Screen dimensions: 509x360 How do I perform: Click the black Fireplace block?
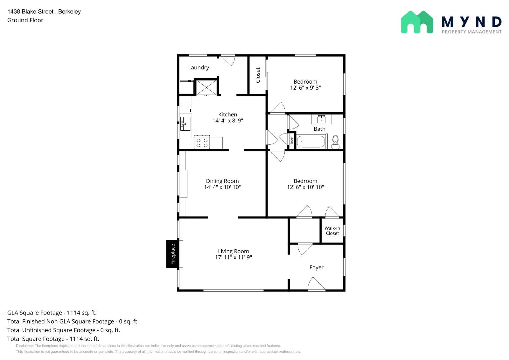point(172,254)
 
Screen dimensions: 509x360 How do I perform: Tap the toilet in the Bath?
point(335,142)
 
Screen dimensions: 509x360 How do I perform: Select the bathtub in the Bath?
point(311,142)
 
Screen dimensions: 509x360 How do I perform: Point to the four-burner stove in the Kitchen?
point(202,142)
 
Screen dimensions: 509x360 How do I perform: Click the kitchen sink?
point(185,124)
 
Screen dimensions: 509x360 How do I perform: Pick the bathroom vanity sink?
point(321,119)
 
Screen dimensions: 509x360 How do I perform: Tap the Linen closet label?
point(292,141)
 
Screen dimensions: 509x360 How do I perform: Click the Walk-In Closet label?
point(332,231)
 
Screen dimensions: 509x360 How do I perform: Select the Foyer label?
point(316,267)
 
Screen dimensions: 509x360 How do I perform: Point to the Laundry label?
point(199,67)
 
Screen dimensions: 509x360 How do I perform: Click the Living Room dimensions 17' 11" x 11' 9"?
point(234,257)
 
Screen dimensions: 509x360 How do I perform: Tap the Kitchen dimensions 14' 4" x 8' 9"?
point(228,121)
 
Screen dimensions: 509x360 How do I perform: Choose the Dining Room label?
point(222,181)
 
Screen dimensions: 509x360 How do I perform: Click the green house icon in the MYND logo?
point(417,22)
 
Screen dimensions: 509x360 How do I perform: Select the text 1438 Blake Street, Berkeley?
point(44,11)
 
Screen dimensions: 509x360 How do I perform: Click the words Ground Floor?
point(25,20)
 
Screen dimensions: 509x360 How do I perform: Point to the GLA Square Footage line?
point(52,313)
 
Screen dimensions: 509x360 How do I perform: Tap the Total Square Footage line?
point(53,339)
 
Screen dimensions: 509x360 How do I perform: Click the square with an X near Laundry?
point(206,87)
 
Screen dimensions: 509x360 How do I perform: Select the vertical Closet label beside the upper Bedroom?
point(258,75)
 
